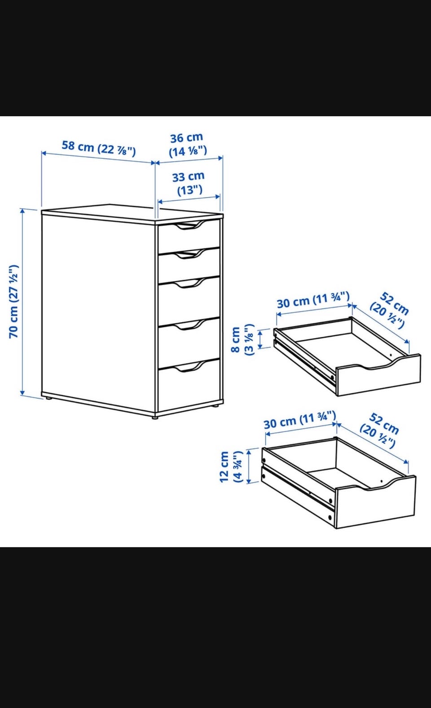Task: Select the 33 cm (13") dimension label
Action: [189, 183]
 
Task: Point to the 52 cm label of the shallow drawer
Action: [390, 310]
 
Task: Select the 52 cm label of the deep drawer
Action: [379, 430]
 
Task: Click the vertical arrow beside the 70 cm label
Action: [22, 302]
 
